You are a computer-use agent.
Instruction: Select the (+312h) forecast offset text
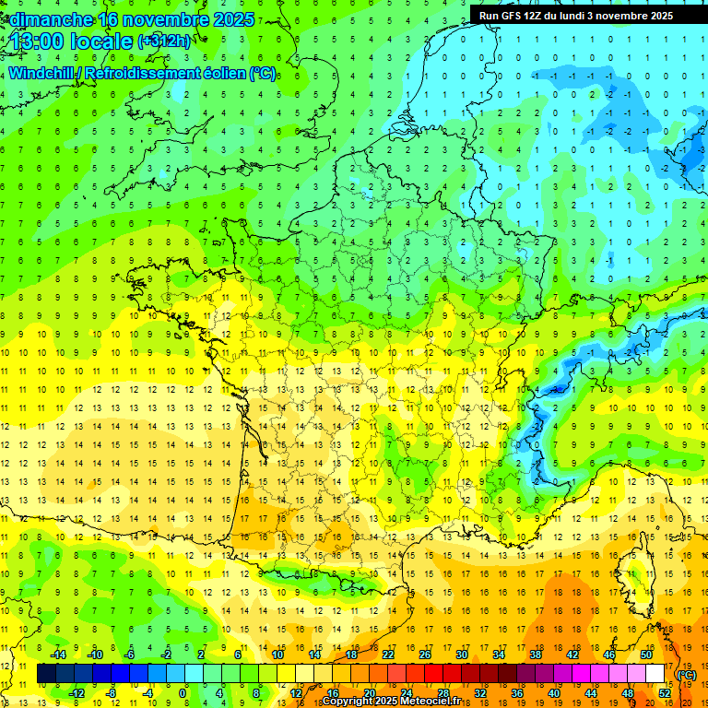(x=164, y=41)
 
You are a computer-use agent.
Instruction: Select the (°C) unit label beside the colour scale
(x=687, y=675)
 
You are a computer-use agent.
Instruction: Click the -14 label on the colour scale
(x=58, y=655)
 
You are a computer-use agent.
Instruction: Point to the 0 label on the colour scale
(x=183, y=692)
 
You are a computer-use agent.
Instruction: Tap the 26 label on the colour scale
(x=425, y=655)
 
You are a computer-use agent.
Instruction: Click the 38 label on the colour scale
(x=535, y=655)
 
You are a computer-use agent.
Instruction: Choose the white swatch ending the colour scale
(x=655, y=674)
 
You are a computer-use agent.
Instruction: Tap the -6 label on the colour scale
(x=130, y=655)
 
